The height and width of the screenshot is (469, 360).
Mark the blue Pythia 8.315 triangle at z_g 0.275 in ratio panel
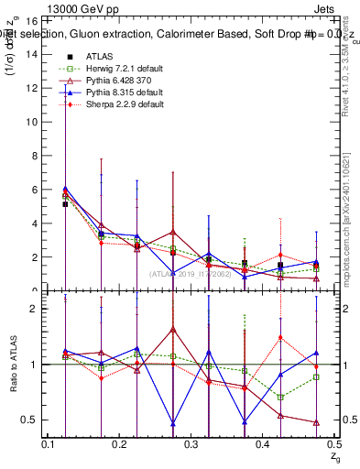pyautogui.click(x=173, y=423)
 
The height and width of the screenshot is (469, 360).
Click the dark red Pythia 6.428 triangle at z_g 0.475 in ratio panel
pyautogui.click(x=316, y=422)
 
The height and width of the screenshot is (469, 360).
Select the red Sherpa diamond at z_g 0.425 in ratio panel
pyautogui.click(x=280, y=337)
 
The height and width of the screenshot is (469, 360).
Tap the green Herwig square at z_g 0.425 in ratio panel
pyautogui.click(x=280, y=397)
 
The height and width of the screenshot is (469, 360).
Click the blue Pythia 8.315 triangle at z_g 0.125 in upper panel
pyautogui.click(x=65, y=188)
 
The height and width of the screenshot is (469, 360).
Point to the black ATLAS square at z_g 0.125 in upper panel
pyautogui.click(x=65, y=204)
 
